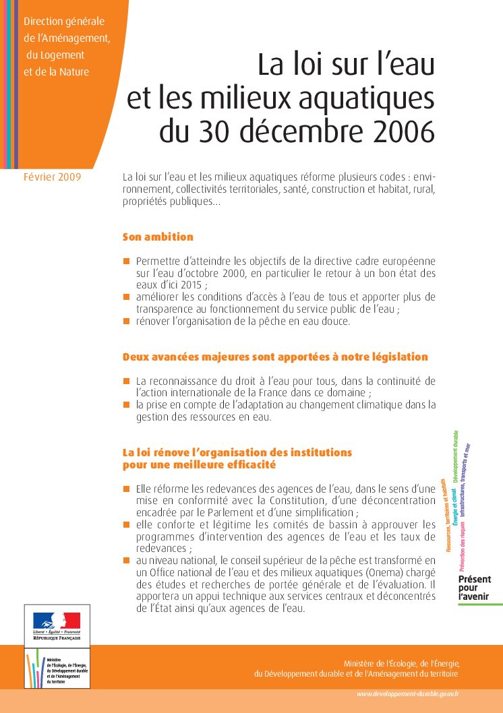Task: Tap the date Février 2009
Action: (x=52, y=177)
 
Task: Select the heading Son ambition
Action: (x=158, y=237)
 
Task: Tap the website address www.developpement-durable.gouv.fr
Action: (x=408, y=694)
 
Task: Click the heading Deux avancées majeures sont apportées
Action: (x=275, y=356)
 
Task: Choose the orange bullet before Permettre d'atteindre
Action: (x=126, y=261)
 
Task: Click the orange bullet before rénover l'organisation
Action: (x=126, y=321)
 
